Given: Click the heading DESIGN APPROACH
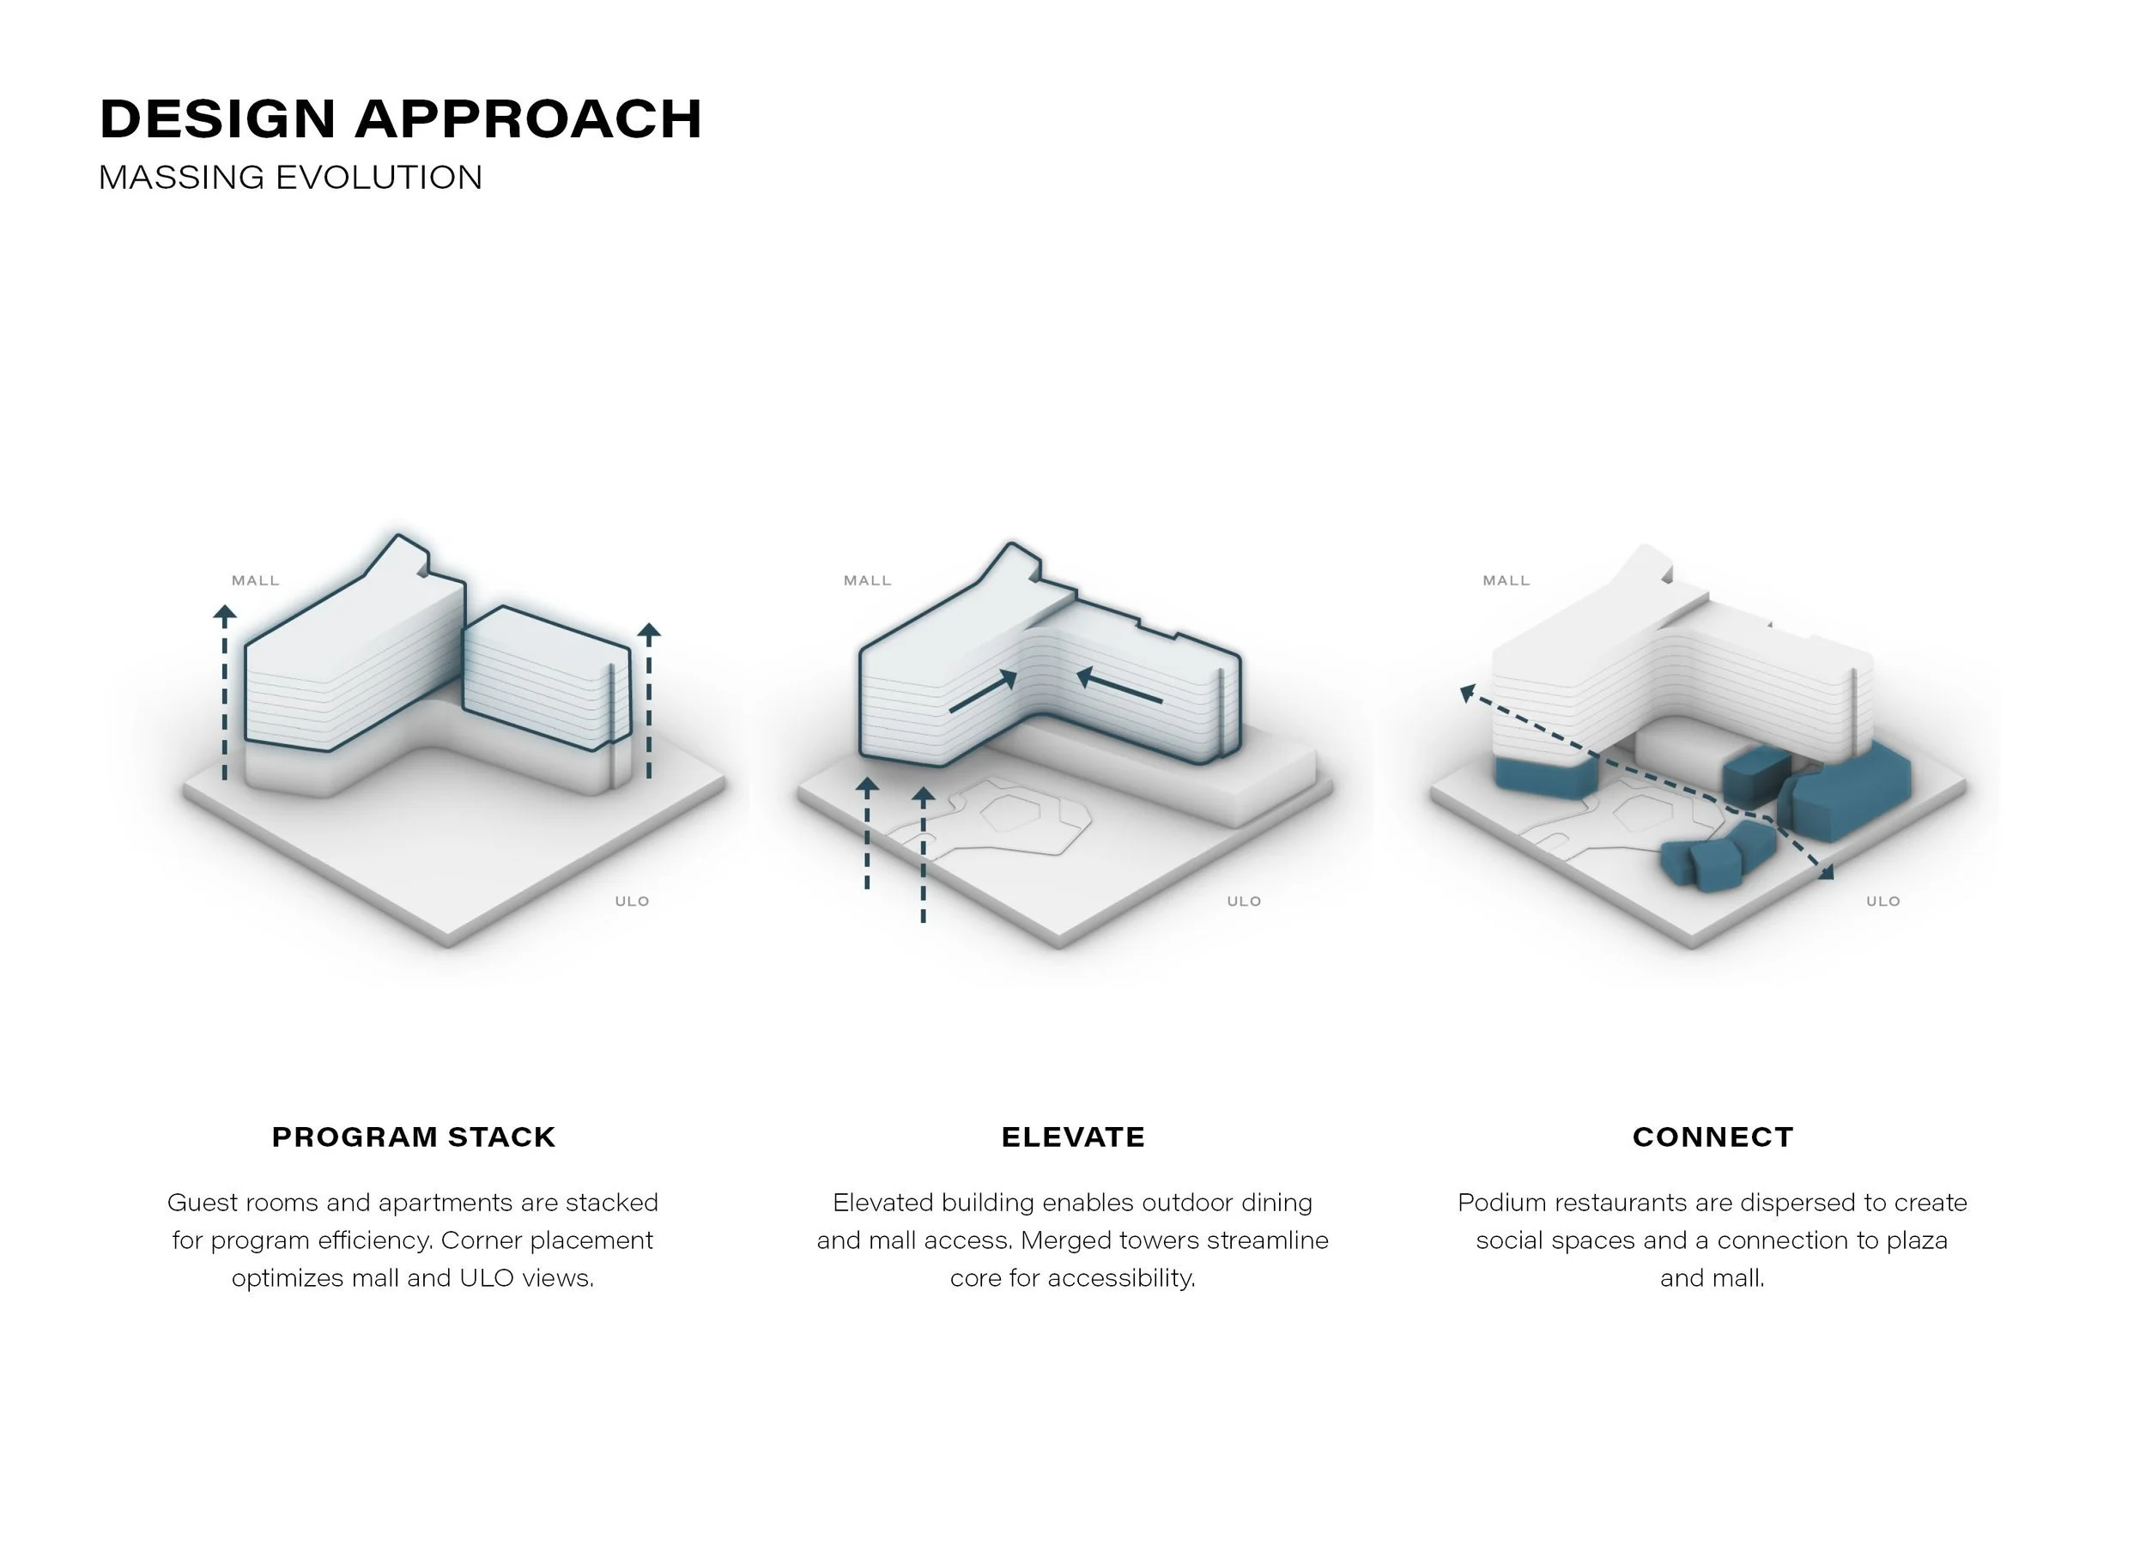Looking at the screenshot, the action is tap(400, 119).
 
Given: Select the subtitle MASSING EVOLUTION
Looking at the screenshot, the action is tap(290, 178).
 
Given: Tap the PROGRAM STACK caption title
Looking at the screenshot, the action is tap(414, 1137).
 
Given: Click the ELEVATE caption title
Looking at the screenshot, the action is tap(1073, 1137).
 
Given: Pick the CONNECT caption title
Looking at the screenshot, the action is tap(1713, 1137).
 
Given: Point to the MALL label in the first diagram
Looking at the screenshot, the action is tap(256, 581).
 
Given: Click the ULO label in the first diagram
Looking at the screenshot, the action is tap(632, 900).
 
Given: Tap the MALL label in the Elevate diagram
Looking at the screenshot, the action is tap(868, 581).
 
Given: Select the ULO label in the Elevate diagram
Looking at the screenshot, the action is tap(1245, 900).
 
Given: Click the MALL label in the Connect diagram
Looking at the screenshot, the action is tap(1506, 581).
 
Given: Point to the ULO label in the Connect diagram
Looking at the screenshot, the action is tap(1883, 900).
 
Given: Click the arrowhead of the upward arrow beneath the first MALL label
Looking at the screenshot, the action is tap(224, 613).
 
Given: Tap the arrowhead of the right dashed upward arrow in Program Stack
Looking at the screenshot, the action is tap(649, 630).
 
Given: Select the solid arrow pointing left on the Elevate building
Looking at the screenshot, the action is tap(1119, 687).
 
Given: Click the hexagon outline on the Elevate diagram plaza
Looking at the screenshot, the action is tap(1012, 812).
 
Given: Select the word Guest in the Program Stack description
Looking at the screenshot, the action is tap(196, 1203).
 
